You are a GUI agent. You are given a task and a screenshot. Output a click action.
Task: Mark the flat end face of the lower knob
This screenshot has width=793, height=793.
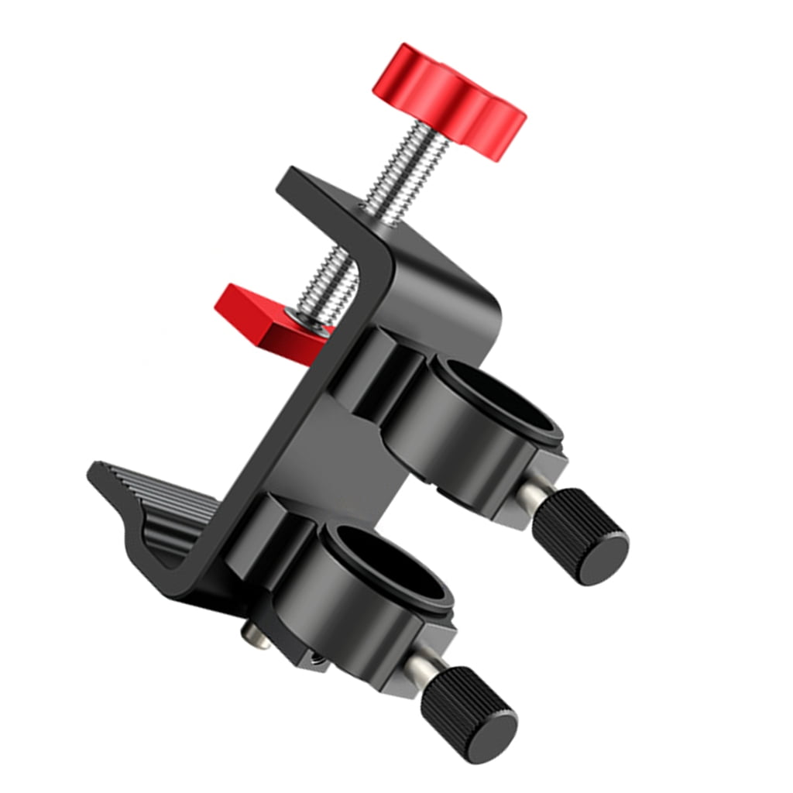coord(492,724)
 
